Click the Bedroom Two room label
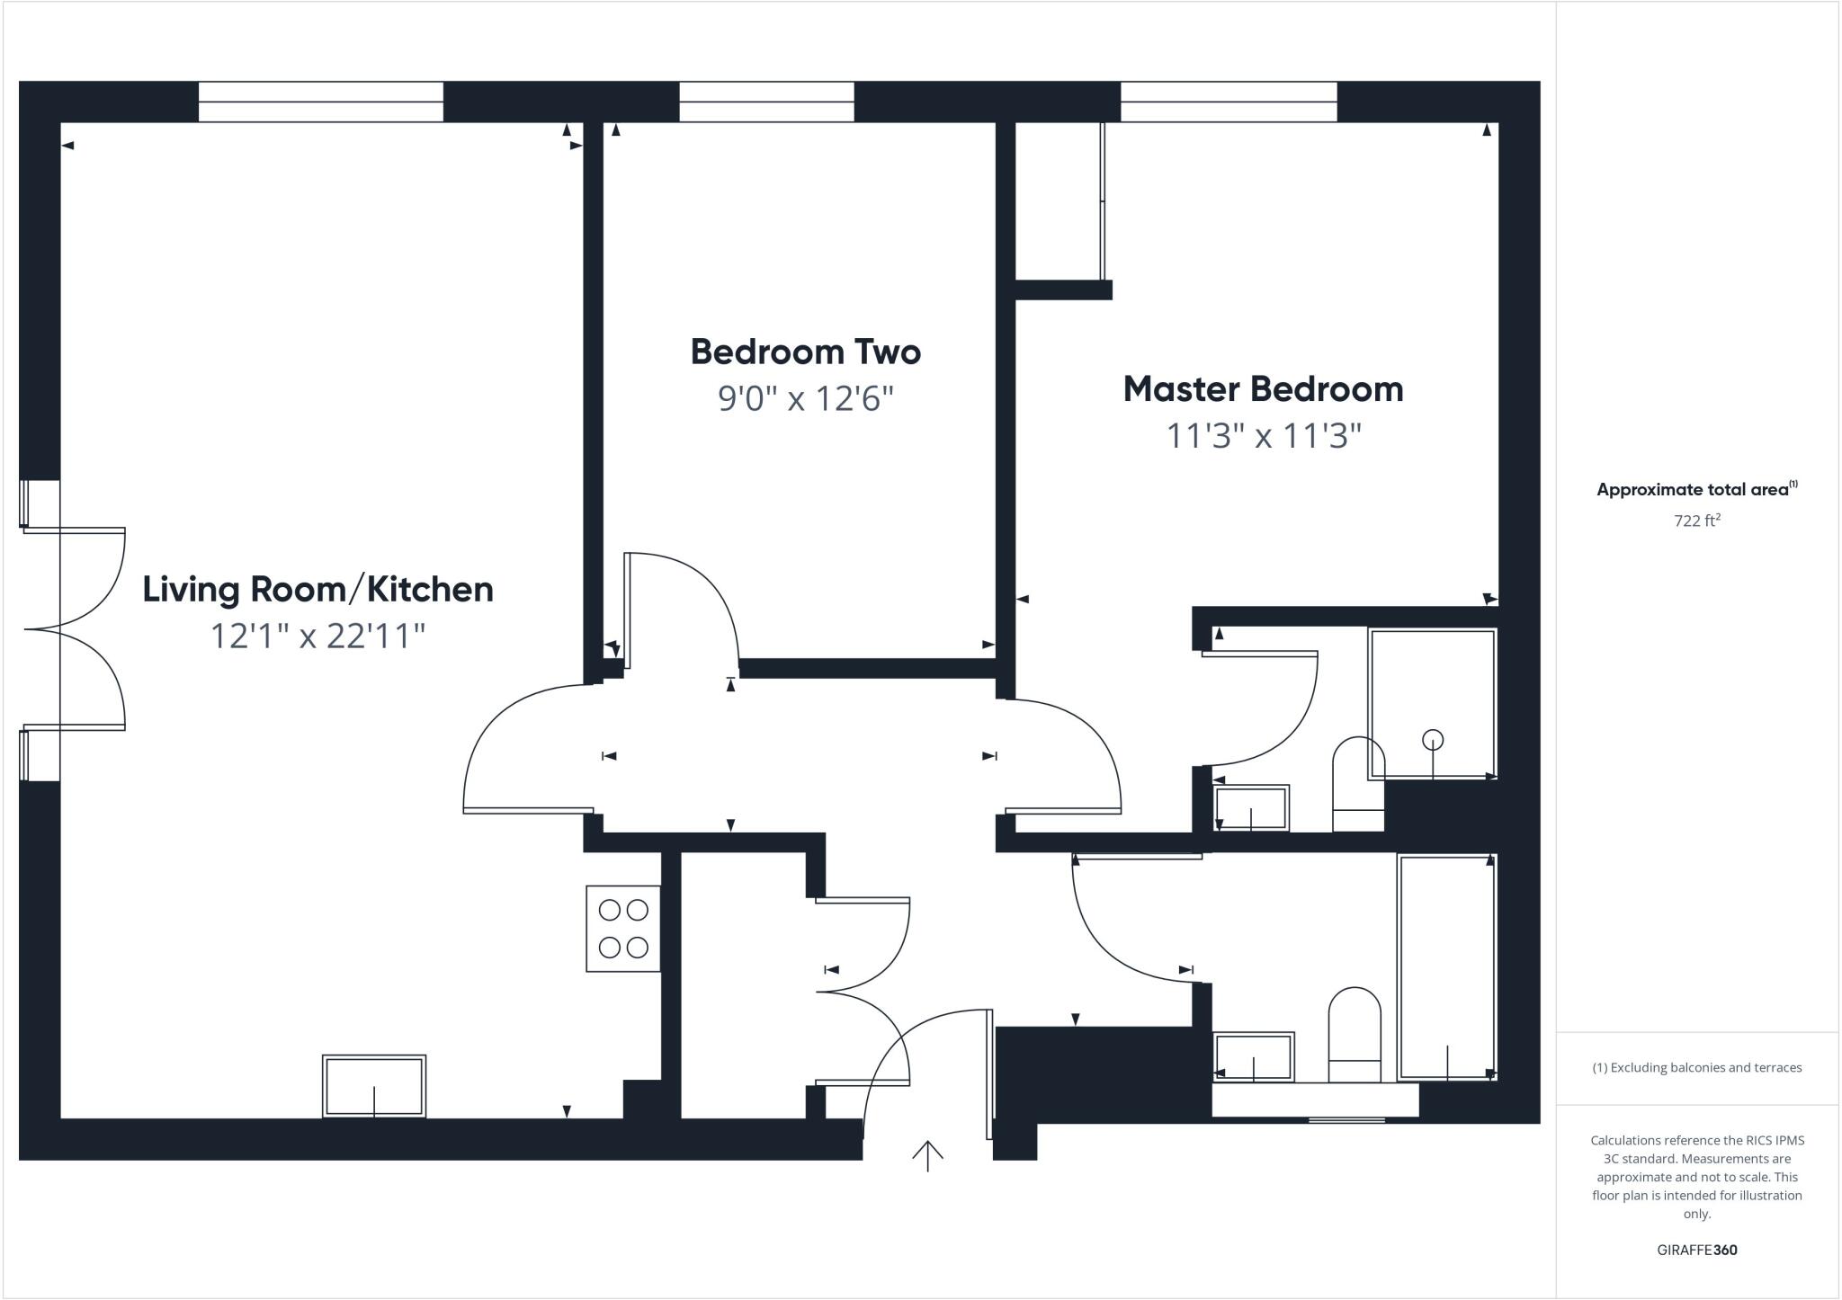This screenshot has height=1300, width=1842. point(805,352)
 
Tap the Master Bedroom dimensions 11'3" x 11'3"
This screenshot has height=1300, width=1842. point(1263,437)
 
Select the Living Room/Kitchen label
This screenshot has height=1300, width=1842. point(317,590)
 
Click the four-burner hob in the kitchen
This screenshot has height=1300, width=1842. point(623,929)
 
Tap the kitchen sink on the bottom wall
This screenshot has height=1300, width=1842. point(374,1086)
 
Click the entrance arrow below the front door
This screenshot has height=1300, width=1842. point(927,1155)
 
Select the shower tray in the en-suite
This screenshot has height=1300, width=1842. point(1432,703)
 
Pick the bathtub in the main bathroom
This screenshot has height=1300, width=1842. point(1446,966)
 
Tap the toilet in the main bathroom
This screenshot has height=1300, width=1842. point(1355,1034)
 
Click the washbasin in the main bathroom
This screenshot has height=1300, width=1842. point(1253,1056)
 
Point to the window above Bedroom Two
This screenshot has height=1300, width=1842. point(766,102)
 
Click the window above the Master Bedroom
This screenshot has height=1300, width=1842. point(1229,102)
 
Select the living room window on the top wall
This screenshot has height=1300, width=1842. point(321,102)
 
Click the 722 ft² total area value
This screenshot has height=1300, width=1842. point(1696,521)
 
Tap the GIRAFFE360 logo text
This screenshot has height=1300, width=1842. point(1696,1250)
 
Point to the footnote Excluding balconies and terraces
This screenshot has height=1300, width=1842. point(1696,1068)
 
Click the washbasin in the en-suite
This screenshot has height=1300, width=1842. point(1251,807)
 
